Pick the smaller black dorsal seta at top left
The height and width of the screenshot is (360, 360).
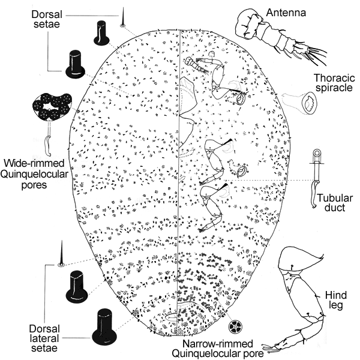(x=100, y=33)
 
